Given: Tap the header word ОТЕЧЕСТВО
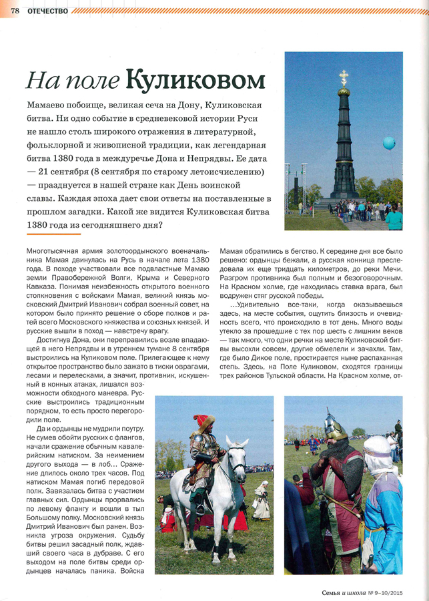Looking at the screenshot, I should click(47, 9).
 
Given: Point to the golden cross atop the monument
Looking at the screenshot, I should click(344, 77).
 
